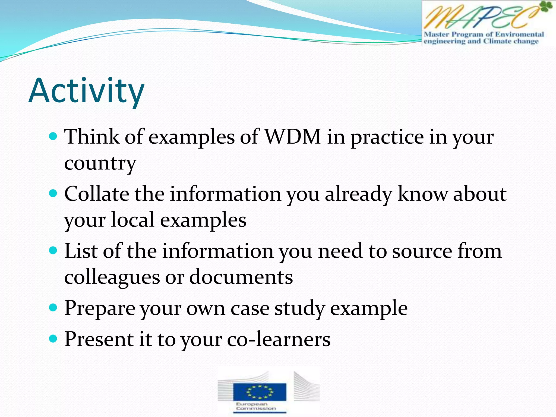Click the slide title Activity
coord(86,91)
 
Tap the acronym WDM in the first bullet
coord(293,137)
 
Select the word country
coord(100,163)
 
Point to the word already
coord(358,194)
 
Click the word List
coord(81,251)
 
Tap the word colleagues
coord(112,277)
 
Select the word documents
coord(241,277)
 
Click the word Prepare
coord(100,308)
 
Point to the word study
coord(300,308)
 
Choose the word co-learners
coord(279,339)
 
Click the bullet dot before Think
coord(53,136)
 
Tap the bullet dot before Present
coord(53,339)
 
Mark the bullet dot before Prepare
coord(53,308)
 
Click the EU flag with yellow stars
coord(260,391)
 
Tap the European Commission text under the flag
coord(255,406)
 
